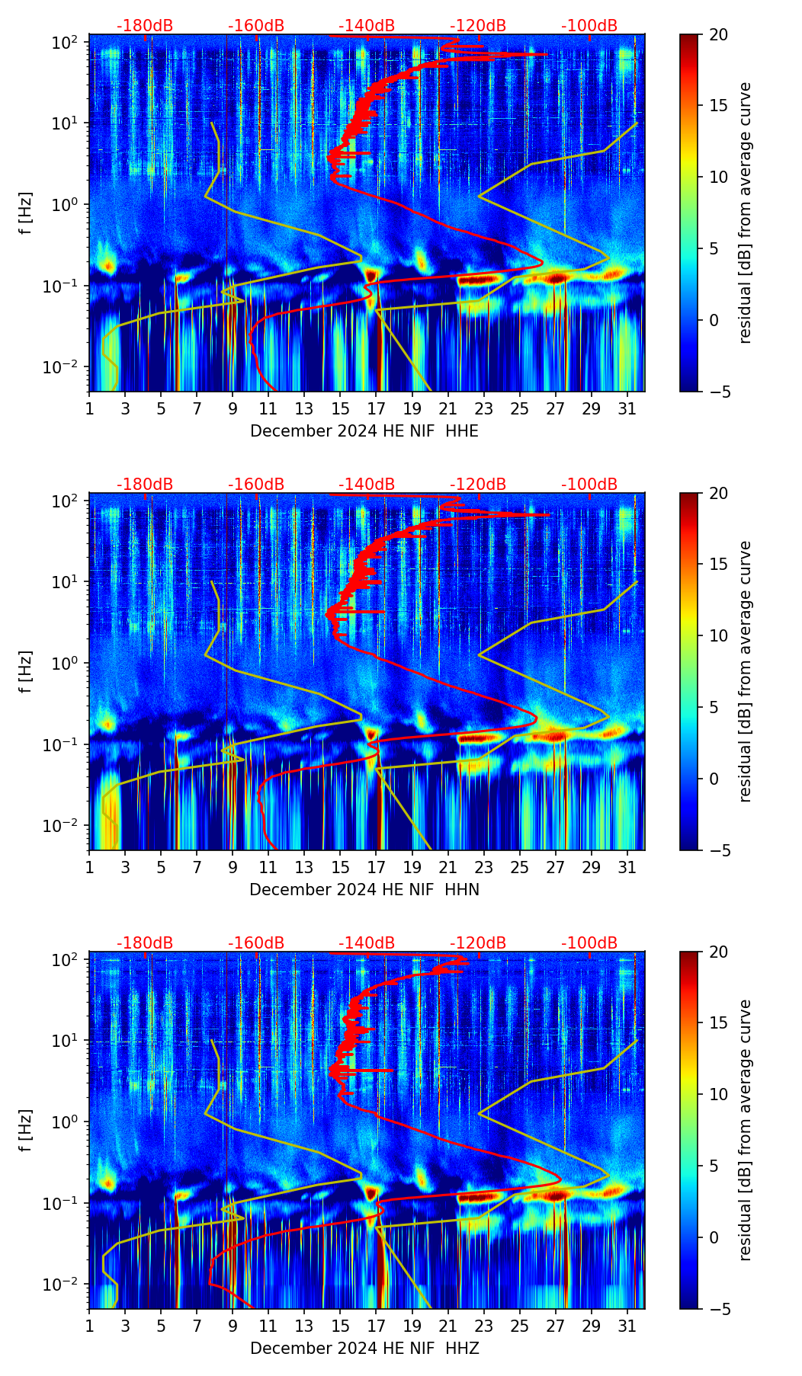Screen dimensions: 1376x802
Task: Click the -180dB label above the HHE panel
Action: [x=145, y=26]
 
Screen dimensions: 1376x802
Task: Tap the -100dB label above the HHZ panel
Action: [x=589, y=943]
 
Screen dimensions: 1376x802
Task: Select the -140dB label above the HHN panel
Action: [x=367, y=485]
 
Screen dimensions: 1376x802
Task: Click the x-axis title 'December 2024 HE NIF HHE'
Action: [x=364, y=431]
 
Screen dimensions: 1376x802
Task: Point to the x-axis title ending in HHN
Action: [x=364, y=890]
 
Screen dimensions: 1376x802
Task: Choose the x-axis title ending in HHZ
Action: [x=364, y=1349]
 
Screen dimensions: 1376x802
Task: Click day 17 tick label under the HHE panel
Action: [x=377, y=408]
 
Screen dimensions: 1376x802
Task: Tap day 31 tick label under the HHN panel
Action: [x=627, y=867]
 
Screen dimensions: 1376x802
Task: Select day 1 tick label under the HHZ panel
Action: [x=89, y=1326]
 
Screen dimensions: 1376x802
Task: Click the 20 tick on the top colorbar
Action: [x=718, y=34]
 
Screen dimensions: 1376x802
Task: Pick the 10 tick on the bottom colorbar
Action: [x=718, y=1094]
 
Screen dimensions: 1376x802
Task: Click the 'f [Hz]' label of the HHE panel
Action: [x=26, y=213]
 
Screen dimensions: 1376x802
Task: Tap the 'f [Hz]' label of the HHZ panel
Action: [x=26, y=1131]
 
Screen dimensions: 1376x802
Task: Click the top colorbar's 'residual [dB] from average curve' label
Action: [x=745, y=213]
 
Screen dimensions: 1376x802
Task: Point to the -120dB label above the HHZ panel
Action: [x=478, y=943]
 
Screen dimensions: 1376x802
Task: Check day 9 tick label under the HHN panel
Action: [x=233, y=867]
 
